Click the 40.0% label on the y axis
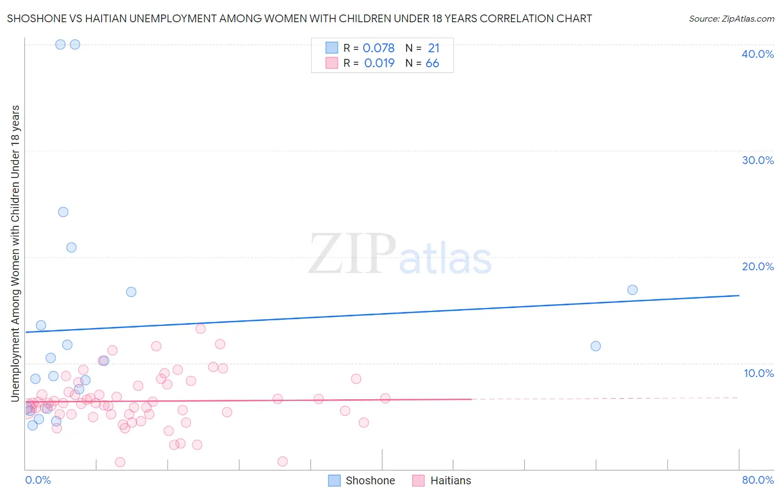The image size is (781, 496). point(758,54)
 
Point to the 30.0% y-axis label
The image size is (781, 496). point(758,160)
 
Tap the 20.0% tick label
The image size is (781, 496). point(758,266)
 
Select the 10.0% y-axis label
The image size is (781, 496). point(759,373)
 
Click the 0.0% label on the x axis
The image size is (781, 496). point(38,480)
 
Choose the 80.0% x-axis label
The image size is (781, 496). point(758,480)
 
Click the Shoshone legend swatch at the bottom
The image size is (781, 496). point(334,480)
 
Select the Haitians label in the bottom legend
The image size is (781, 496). point(450,480)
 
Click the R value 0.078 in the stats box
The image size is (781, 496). point(378,48)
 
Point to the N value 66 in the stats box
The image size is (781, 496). point(432,63)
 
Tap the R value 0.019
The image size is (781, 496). point(379,63)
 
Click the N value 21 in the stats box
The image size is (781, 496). point(433,48)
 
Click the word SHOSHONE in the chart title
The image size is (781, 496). point(34,18)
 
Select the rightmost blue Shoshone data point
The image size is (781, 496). point(632,290)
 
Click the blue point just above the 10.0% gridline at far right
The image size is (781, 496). point(595,346)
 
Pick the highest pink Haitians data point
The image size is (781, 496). point(201,329)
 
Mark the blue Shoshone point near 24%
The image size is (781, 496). point(63,212)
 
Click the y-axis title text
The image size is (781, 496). point(15,253)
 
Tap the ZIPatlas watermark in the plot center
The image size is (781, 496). point(400,255)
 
